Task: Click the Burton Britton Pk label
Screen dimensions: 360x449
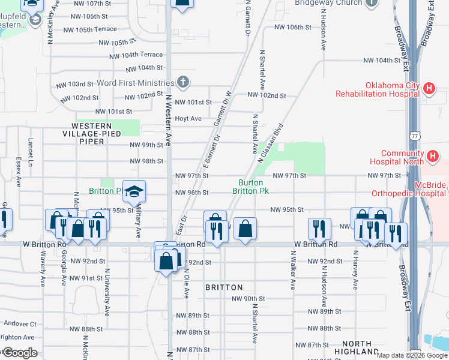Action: pyautogui.click(x=250, y=187)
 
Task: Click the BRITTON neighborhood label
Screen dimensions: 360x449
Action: pyautogui.click(x=224, y=287)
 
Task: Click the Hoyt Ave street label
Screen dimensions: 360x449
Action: pyautogui.click(x=188, y=119)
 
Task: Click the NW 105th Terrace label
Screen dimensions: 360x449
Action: pyautogui.click(x=89, y=29)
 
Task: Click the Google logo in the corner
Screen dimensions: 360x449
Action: pyautogui.click(x=20, y=353)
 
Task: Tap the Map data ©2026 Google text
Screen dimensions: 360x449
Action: pyautogui.click(x=412, y=355)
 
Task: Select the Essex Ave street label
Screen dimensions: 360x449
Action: pyautogui.click(x=19, y=173)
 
